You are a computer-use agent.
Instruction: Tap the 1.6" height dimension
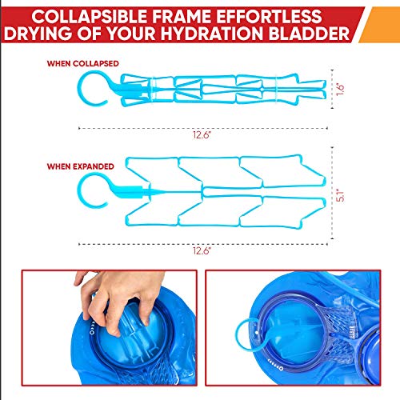pyautogui.click(x=338, y=90)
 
